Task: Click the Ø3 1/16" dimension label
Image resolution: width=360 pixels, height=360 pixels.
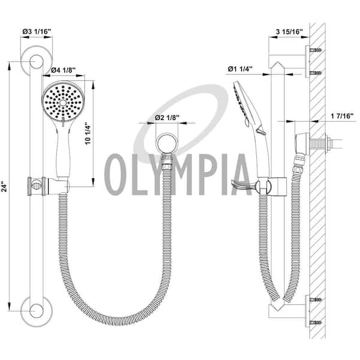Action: (x=37, y=31)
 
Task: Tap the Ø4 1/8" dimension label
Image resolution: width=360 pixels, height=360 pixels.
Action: (x=64, y=70)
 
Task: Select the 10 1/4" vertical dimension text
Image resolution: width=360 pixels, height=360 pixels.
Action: (x=88, y=134)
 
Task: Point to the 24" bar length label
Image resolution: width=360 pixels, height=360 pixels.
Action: (x=5, y=187)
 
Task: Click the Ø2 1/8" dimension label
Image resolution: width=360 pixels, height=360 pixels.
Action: (x=167, y=118)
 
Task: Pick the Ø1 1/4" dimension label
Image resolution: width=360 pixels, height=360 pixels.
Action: (x=240, y=68)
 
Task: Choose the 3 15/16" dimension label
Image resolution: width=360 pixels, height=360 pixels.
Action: (x=290, y=32)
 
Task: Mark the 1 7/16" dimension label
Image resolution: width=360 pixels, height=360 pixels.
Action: (x=342, y=116)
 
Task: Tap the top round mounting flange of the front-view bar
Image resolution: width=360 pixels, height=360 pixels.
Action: (x=36, y=62)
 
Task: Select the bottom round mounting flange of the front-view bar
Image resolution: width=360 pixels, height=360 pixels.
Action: (x=36, y=311)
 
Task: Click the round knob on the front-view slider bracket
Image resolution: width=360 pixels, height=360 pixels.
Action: (x=35, y=184)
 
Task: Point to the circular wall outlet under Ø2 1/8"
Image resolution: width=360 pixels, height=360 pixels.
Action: (x=167, y=144)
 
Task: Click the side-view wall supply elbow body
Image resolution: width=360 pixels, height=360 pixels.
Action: (x=302, y=144)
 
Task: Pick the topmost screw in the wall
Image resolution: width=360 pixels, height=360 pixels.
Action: (x=316, y=50)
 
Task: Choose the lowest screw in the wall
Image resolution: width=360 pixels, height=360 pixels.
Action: (x=316, y=323)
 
